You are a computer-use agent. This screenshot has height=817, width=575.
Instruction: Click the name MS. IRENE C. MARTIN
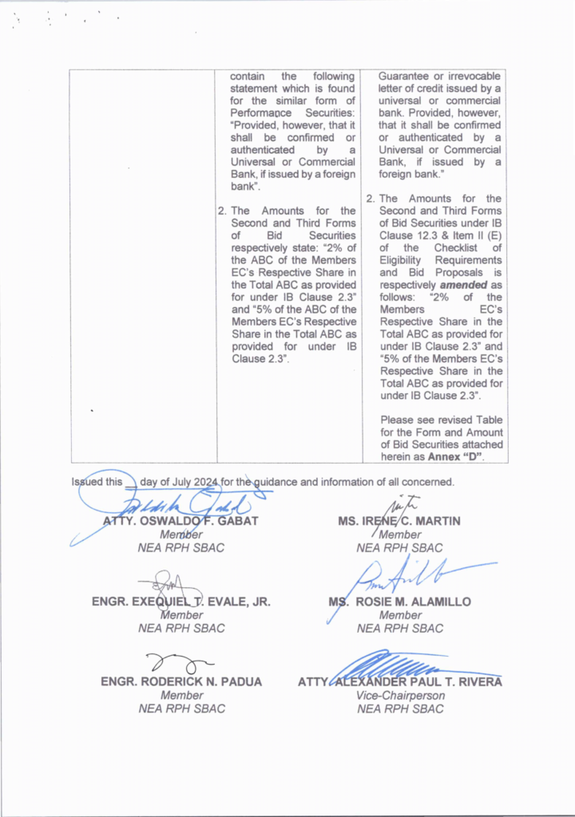[x=399, y=522]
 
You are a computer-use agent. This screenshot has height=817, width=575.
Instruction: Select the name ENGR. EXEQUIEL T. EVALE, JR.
[x=181, y=602]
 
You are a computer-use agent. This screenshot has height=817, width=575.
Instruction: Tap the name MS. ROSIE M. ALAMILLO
[x=399, y=602]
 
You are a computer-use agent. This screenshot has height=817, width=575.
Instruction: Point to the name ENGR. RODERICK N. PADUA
[x=181, y=682]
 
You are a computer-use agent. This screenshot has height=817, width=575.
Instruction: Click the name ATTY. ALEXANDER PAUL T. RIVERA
[x=400, y=682]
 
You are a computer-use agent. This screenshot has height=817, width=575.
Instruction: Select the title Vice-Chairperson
[x=400, y=696]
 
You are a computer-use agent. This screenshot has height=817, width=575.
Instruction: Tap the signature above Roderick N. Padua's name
[x=179, y=661]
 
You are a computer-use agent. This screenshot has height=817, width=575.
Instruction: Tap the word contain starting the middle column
[x=248, y=77]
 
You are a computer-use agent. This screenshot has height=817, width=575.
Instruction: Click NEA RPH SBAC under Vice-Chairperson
[x=400, y=708]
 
